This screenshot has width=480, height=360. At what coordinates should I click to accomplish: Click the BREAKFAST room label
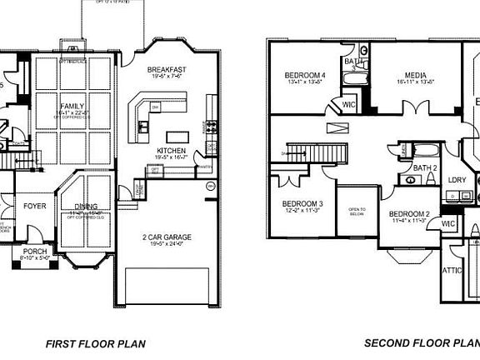tap(166, 69)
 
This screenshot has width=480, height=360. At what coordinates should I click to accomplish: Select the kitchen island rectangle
tap(178, 136)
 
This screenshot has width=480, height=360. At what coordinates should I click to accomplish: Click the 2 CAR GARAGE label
tap(167, 237)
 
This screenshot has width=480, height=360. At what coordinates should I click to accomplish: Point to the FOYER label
tap(34, 206)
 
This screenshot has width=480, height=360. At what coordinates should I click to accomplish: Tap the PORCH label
tap(35, 251)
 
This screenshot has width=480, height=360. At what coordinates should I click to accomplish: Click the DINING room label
tap(85, 207)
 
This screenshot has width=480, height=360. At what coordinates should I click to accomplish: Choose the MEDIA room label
tap(414, 74)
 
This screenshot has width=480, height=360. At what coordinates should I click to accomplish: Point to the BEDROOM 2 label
tap(409, 214)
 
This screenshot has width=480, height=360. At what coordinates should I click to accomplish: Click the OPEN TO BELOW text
tap(357, 210)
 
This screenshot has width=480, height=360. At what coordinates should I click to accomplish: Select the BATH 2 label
tap(425, 168)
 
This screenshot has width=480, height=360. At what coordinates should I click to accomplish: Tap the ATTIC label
tap(452, 271)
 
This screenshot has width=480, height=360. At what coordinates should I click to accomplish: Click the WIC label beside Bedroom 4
tap(348, 104)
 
